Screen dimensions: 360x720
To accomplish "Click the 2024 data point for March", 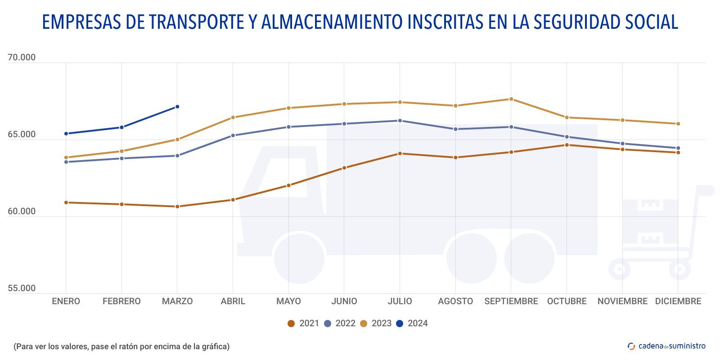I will (x=177, y=107).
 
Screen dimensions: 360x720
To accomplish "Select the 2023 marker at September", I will (x=511, y=99).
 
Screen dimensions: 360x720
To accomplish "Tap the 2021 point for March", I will (x=177, y=207).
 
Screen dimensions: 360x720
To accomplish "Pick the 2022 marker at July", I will (x=400, y=121).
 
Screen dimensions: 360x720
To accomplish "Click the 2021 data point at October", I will (x=567, y=145).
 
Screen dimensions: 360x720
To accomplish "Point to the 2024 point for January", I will (x=66, y=134).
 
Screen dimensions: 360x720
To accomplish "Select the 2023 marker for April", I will (x=233, y=117).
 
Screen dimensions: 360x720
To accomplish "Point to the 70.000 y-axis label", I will (x=22, y=58).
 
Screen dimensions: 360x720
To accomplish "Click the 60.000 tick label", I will (x=22, y=211).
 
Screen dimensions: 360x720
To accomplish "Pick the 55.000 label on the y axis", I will (x=22, y=288).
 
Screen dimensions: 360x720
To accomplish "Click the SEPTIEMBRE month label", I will (x=511, y=301).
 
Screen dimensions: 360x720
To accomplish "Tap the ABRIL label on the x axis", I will (x=233, y=301).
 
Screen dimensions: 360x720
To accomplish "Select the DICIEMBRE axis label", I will (x=678, y=301).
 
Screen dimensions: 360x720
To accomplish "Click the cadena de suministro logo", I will (x=666, y=346).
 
